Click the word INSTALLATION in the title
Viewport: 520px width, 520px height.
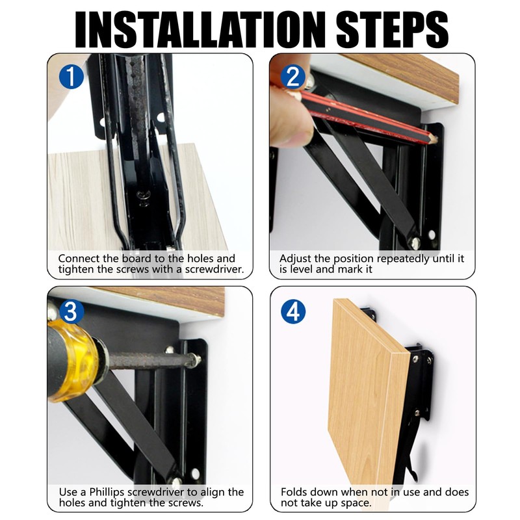tap(200, 29)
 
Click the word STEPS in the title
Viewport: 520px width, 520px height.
tap(392, 29)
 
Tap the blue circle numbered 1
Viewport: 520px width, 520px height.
tap(71, 77)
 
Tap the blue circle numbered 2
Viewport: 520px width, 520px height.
tap(293, 77)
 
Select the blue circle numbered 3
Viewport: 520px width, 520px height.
tap(71, 311)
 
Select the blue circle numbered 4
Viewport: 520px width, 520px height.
tap(293, 311)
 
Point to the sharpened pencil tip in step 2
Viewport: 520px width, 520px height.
tap(435, 140)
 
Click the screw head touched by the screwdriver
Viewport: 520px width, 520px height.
tap(194, 360)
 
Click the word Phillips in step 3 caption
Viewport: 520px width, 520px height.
tap(107, 493)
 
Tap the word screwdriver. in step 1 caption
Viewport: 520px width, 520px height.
tap(214, 269)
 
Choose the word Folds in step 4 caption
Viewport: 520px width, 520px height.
tap(294, 492)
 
